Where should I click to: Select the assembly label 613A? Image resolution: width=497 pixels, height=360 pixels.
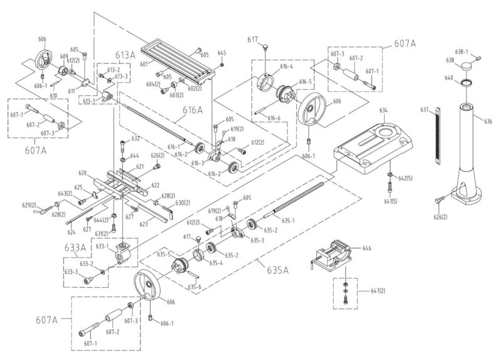pyautogui.click(x=125, y=55)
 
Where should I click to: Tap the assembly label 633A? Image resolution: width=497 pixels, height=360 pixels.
pyautogui.click(x=73, y=247)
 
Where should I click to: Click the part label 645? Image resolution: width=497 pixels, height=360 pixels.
pyautogui.click(x=222, y=53)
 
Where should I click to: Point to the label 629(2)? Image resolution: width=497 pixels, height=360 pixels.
pyautogui.click(x=29, y=205)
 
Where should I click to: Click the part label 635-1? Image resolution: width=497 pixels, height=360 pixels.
pyautogui.click(x=288, y=220)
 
